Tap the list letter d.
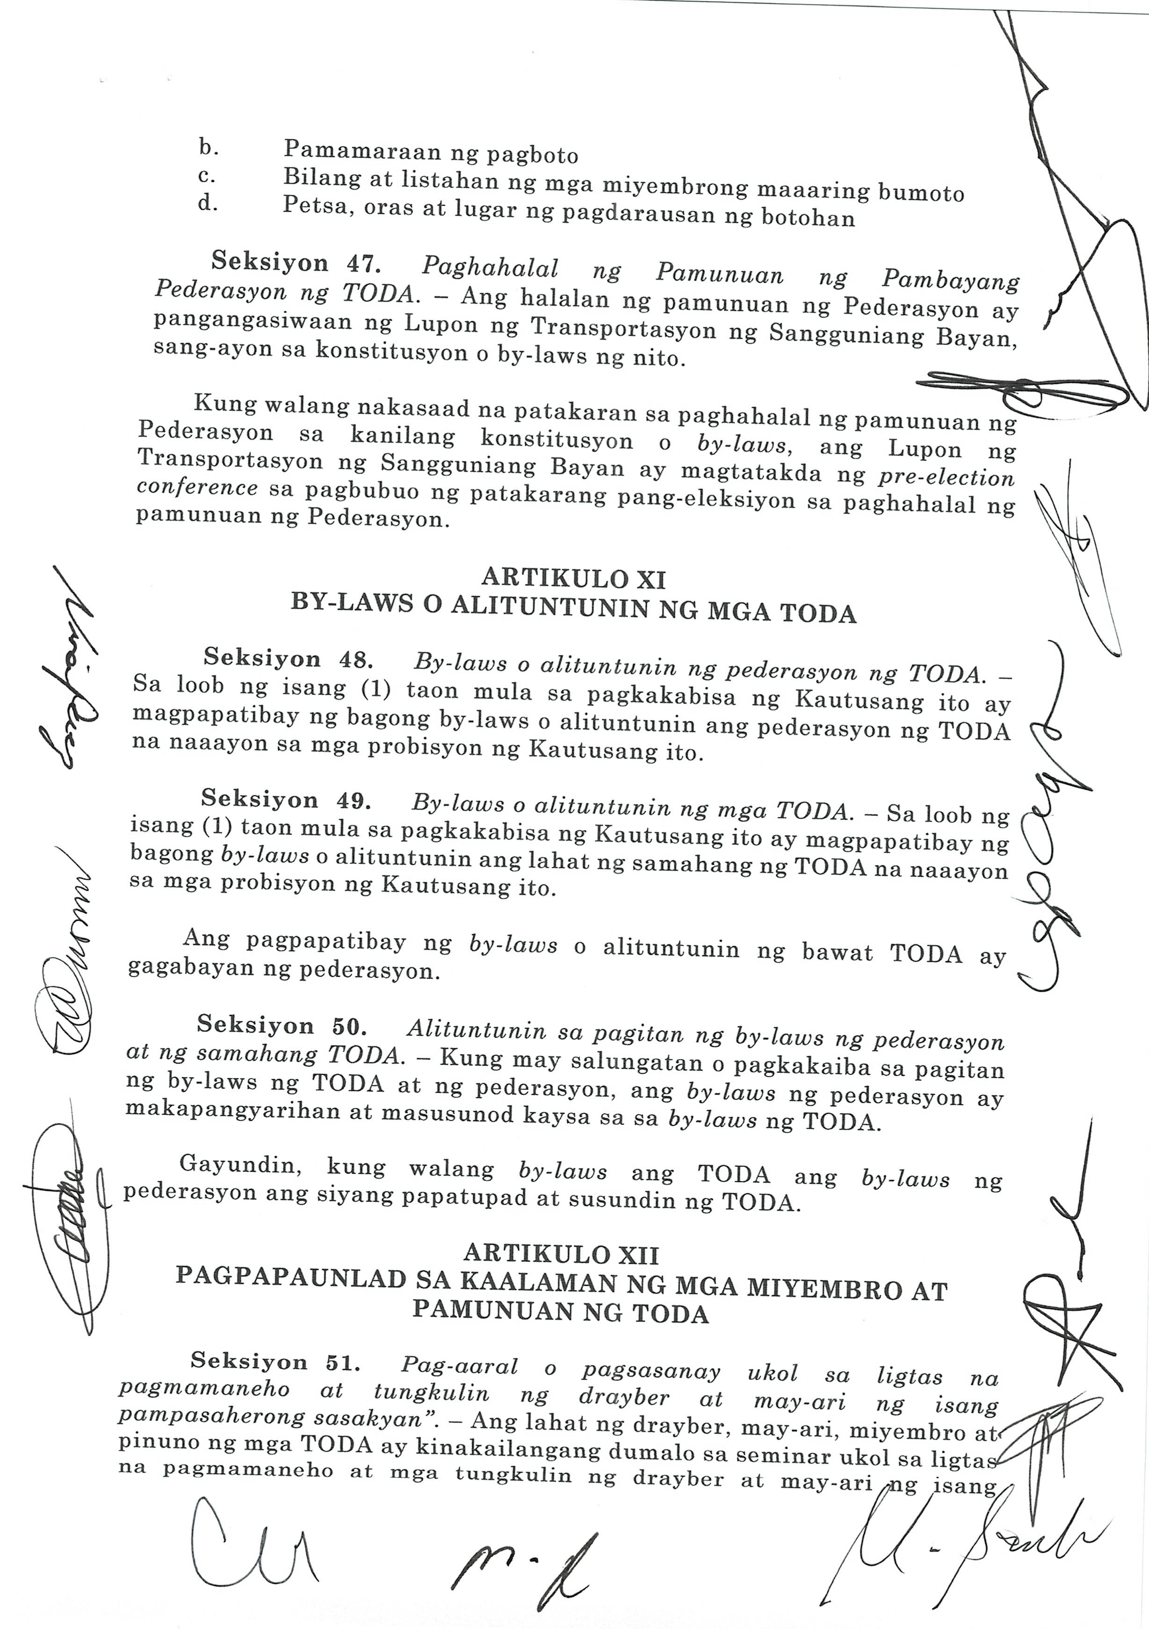[x=207, y=205]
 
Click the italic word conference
[x=197, y=488]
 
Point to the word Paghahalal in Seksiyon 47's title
[x=490, y=267]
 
